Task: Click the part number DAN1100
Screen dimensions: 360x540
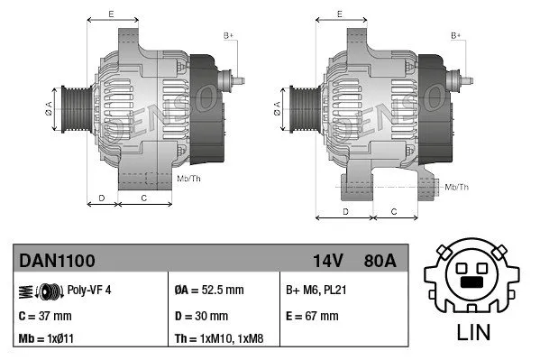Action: [57, 261]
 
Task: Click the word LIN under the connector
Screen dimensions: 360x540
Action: [475, 331]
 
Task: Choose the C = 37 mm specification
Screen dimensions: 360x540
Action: [44, 316]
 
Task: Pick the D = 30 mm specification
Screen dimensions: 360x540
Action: [200, 316]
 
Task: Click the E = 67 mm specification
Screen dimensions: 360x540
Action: [311, 316]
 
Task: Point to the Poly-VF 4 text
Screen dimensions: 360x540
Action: [89, 291]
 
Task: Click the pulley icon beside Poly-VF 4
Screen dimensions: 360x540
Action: [41, 291]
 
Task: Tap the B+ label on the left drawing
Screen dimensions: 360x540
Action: [229, 35]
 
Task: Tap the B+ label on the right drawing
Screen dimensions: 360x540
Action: [456, 35]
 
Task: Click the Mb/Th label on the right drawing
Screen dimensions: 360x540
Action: [457, 187]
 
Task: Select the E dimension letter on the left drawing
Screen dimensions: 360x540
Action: [110, 14]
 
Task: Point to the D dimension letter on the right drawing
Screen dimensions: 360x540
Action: [347, 210]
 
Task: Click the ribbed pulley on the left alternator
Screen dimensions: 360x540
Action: [70, 108]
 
